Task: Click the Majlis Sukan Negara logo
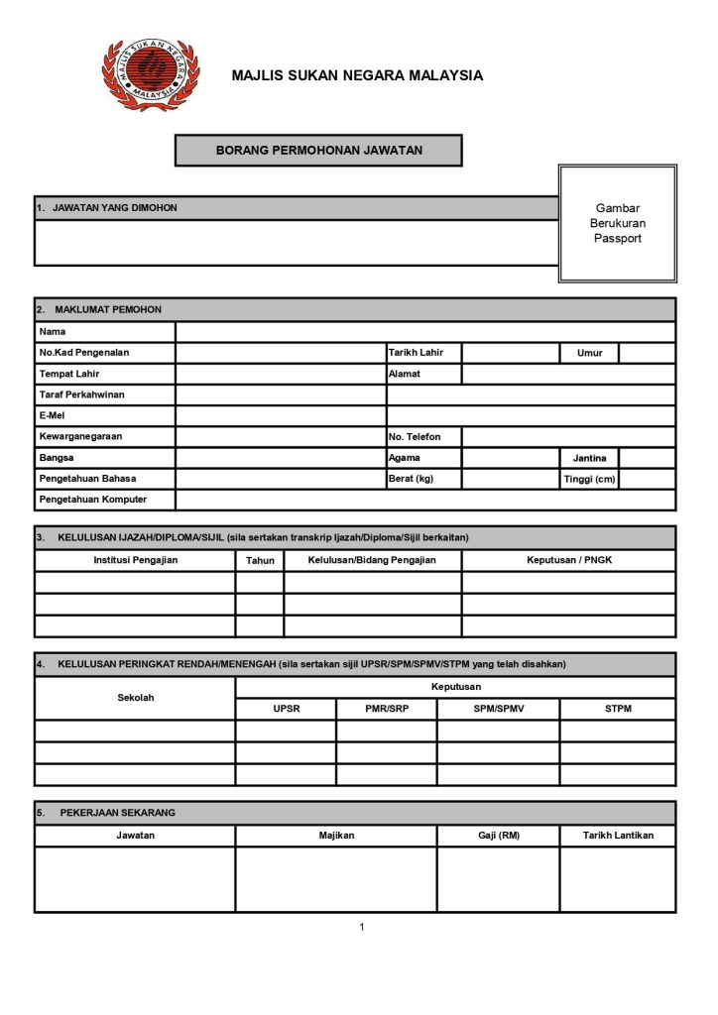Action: point(150,74)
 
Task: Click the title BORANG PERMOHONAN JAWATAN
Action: point(318,151)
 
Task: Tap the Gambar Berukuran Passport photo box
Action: point(617,224)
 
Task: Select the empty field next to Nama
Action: point(425,331)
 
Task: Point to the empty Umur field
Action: point(647,353)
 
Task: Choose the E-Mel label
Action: point(52,415)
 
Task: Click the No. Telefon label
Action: point(415,436)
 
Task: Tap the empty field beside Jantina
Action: point(647,458)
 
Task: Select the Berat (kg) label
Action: point(411,479)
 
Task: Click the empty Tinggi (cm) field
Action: point(647,479)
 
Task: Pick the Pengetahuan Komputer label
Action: point(92,500)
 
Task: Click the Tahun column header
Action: point(260,561)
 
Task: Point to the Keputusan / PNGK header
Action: point(568,560)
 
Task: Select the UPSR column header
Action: point(286,709)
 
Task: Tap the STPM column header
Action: point(617,709)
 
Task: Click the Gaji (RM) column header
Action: point(498,836)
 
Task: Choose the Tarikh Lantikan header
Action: point(618,836)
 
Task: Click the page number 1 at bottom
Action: point(362,927)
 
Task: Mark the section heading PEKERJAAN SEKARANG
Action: point(118,813)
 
